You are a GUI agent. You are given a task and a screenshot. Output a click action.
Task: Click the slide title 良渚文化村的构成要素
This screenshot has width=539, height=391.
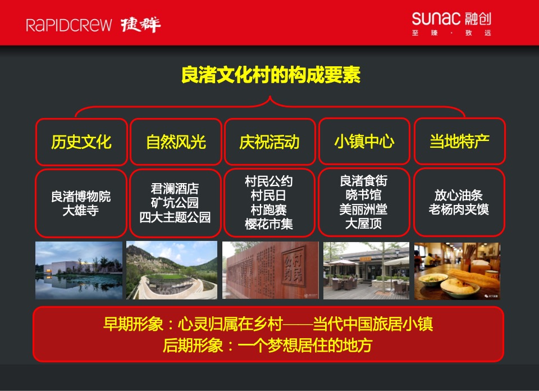270,75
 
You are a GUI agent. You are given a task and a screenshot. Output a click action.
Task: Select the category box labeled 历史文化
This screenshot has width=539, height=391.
81,142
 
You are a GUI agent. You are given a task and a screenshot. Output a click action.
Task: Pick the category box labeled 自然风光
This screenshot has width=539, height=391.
176,142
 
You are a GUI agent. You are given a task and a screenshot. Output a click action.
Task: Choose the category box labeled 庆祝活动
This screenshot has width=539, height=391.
269,142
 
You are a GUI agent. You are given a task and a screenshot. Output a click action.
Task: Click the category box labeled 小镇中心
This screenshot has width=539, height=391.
364,142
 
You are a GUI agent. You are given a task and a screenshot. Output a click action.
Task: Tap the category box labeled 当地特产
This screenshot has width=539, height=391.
459,142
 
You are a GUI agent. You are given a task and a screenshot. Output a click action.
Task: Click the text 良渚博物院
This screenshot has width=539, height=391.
81,196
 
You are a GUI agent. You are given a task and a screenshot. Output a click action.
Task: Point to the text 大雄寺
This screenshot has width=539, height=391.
81,211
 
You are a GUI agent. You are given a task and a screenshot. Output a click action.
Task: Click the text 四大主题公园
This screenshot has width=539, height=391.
175,217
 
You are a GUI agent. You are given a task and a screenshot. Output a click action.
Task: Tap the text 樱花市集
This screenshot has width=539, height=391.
269,224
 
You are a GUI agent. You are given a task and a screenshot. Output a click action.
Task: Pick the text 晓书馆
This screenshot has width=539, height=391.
364,195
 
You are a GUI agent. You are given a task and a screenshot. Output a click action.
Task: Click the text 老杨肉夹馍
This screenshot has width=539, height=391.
459,210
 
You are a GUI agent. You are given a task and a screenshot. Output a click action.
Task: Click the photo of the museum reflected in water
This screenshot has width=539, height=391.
79,270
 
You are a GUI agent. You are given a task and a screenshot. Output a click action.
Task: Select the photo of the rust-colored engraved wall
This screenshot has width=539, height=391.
270,270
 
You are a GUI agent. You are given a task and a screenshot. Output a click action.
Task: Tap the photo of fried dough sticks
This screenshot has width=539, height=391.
456,270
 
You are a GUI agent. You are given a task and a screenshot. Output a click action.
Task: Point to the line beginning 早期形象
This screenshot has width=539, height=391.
268,324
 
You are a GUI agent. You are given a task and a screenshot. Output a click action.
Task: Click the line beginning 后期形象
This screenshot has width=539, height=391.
268,345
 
